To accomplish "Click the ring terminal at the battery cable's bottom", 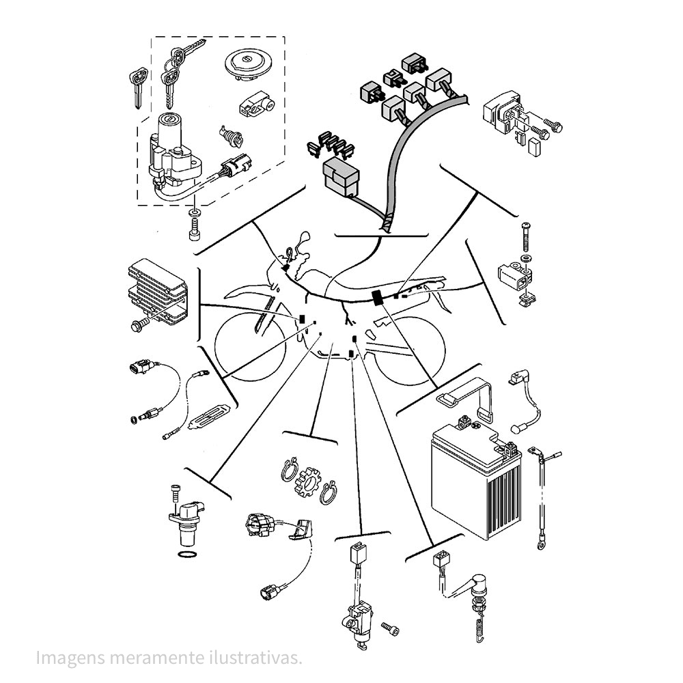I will pyautogui.click(x=542, y=544).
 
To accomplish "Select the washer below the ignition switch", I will pyautogui.click(x=193, y=213).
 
